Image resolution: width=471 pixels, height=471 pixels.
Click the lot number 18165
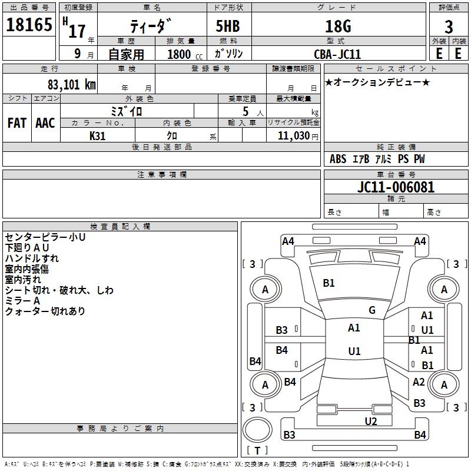pyautogui.click(x=29, y=24)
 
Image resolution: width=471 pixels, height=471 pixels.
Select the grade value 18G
pyautogui.click(x=338, y=26)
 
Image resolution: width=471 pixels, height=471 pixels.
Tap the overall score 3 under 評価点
pyautogui.click(x=449, y=26)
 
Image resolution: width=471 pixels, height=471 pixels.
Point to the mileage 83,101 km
pyautogui.click(x=71, y=84)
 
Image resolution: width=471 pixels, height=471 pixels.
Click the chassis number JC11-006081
pyautogui.click(x=396, y=187)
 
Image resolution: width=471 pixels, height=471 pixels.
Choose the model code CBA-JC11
pyautogui.click(x=337, y=54)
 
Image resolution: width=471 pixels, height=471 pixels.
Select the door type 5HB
pyautogui.click(x=228, y=26)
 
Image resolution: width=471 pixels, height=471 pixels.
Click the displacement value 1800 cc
pyautogui.click(x=185, y=54)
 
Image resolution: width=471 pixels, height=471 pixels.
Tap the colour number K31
pyautogui.click(x=97, y=136)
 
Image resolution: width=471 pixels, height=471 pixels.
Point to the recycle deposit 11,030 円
pyautogui.click(x=298, y=136)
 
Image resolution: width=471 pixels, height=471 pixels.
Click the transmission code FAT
pyautogui.click(x=17, y=123)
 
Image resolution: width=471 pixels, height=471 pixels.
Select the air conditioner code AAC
pyautogui.click(x=45, y=123)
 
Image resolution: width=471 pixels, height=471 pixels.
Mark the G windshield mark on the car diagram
pyautogui.click(x=372, y=310)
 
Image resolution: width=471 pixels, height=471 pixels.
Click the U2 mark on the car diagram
pyautogui.click(x=371, y=421)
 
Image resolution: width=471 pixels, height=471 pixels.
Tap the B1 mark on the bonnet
pyautogui.click(x=329, y=283)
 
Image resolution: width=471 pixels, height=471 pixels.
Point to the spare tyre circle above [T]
pyautogui.click(x=257, y=429)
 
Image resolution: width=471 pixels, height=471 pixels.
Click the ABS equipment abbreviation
pyautogui.click(x=338, y=159)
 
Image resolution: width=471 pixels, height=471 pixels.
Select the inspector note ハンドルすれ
pyautogui.click(x=32, y=258)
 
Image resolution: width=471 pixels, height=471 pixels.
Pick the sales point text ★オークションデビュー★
pyautogui.click(x=377, y=82)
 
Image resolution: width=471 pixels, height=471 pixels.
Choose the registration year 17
pyautogui.click(x=77, y=31)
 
